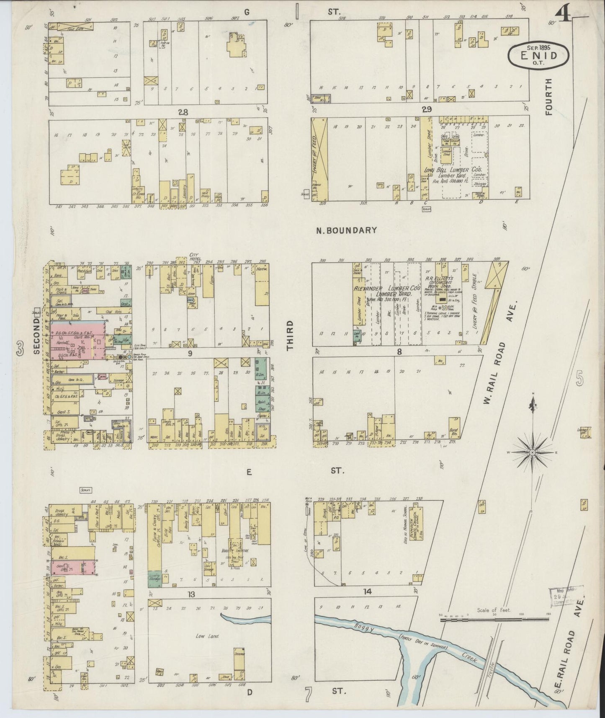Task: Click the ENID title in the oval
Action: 539,55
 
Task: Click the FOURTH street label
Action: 549,96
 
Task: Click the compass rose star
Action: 532,452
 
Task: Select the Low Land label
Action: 208,636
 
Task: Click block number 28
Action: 183,112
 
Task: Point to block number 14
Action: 367,591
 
